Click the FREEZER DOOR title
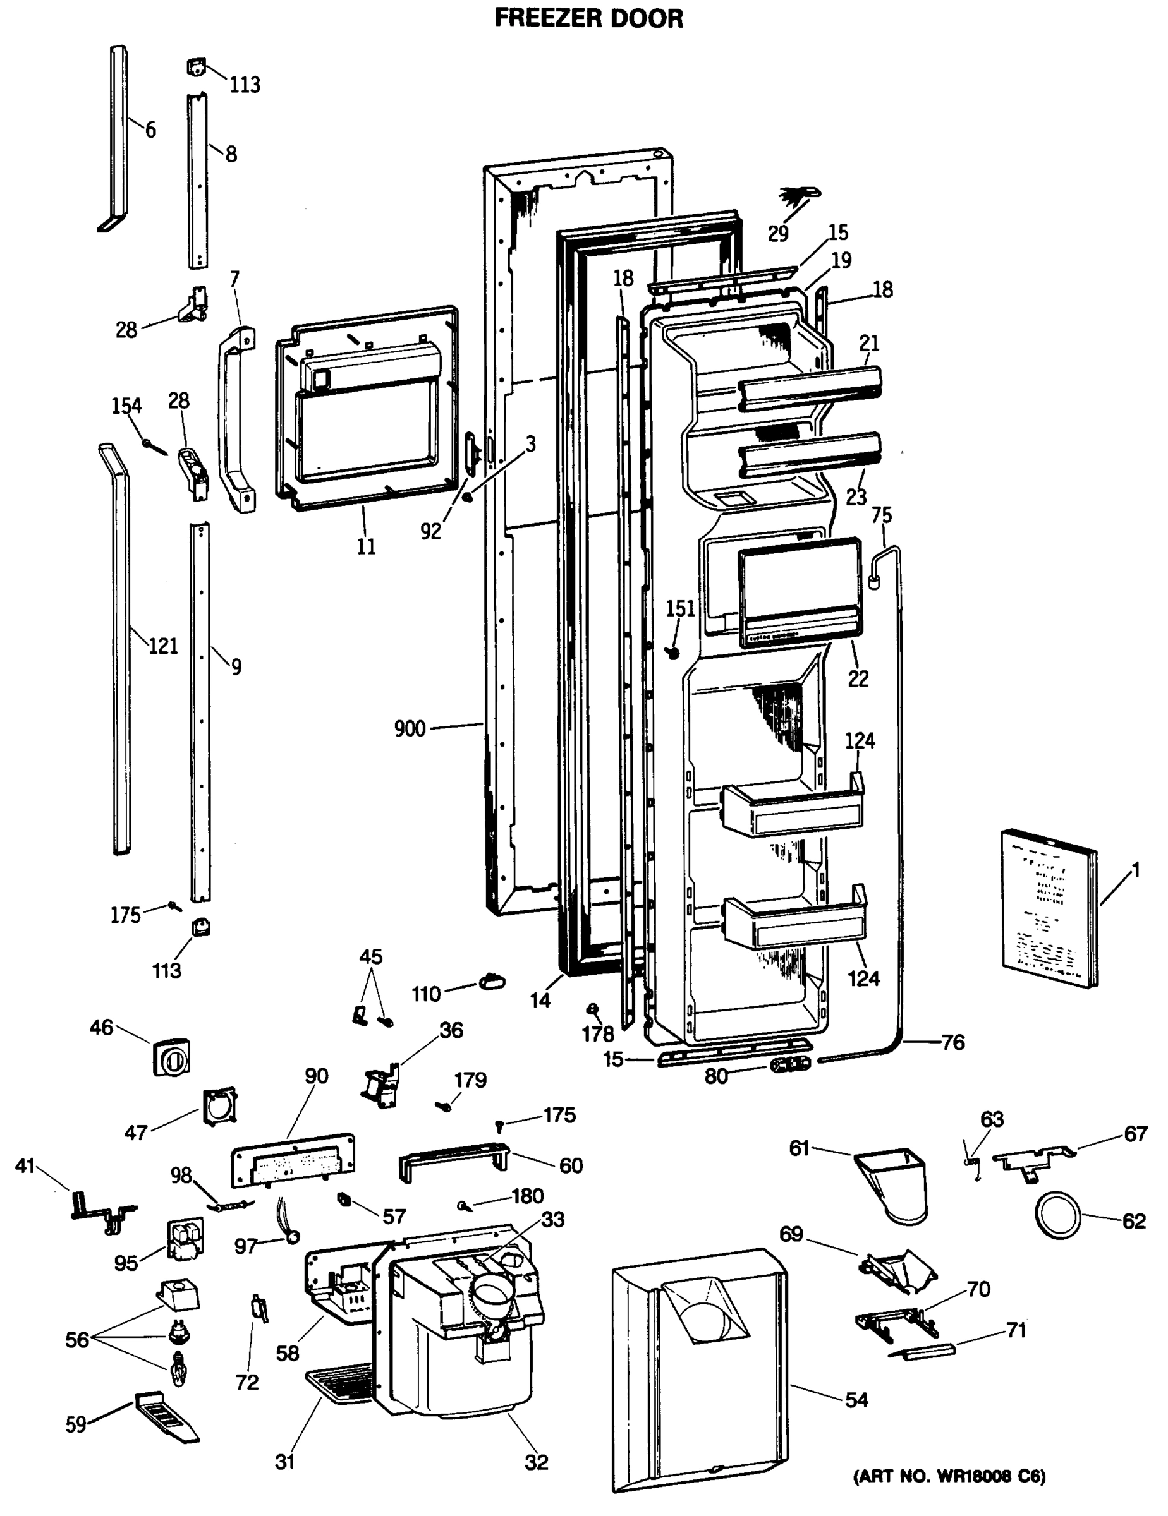[588, 18]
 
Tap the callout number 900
[409, 729]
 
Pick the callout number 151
[680, 609]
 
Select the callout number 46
[101, 1027]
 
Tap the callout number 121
[163, 646]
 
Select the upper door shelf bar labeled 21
[809, 384]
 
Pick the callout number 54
[856, 1399]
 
